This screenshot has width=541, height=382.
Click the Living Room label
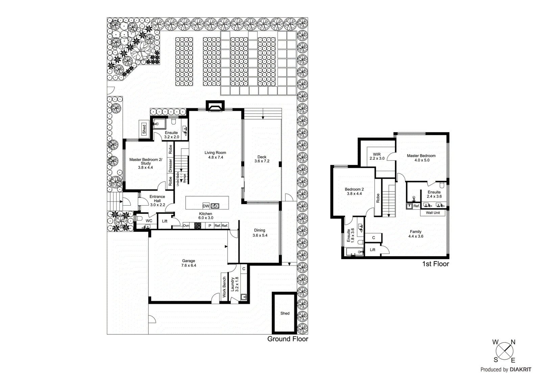coord(215,153)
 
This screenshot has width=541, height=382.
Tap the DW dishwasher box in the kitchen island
coord(206,206)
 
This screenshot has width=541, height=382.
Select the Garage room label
coord(188,261)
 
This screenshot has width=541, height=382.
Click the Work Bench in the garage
coord(224,287)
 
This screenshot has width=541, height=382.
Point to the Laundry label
coord(233,284)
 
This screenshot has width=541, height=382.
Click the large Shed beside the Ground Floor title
coord(285,313)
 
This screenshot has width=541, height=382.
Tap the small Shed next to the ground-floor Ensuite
coord(144,129)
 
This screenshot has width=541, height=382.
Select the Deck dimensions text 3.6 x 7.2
coord(262,161)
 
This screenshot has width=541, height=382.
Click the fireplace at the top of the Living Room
coord(215,106)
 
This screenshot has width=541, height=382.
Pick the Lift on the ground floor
coord(165,221)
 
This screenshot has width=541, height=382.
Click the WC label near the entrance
coord(149,221)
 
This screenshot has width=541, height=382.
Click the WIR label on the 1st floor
coord(377,154)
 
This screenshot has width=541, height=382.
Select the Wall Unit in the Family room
coord(433,213)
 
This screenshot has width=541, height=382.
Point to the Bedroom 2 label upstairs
coord(354,189)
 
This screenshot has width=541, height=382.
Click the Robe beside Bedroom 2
coord(378,198)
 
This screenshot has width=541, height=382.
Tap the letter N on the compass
coord(513,342)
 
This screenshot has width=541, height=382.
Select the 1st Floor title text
coord(435,264)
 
